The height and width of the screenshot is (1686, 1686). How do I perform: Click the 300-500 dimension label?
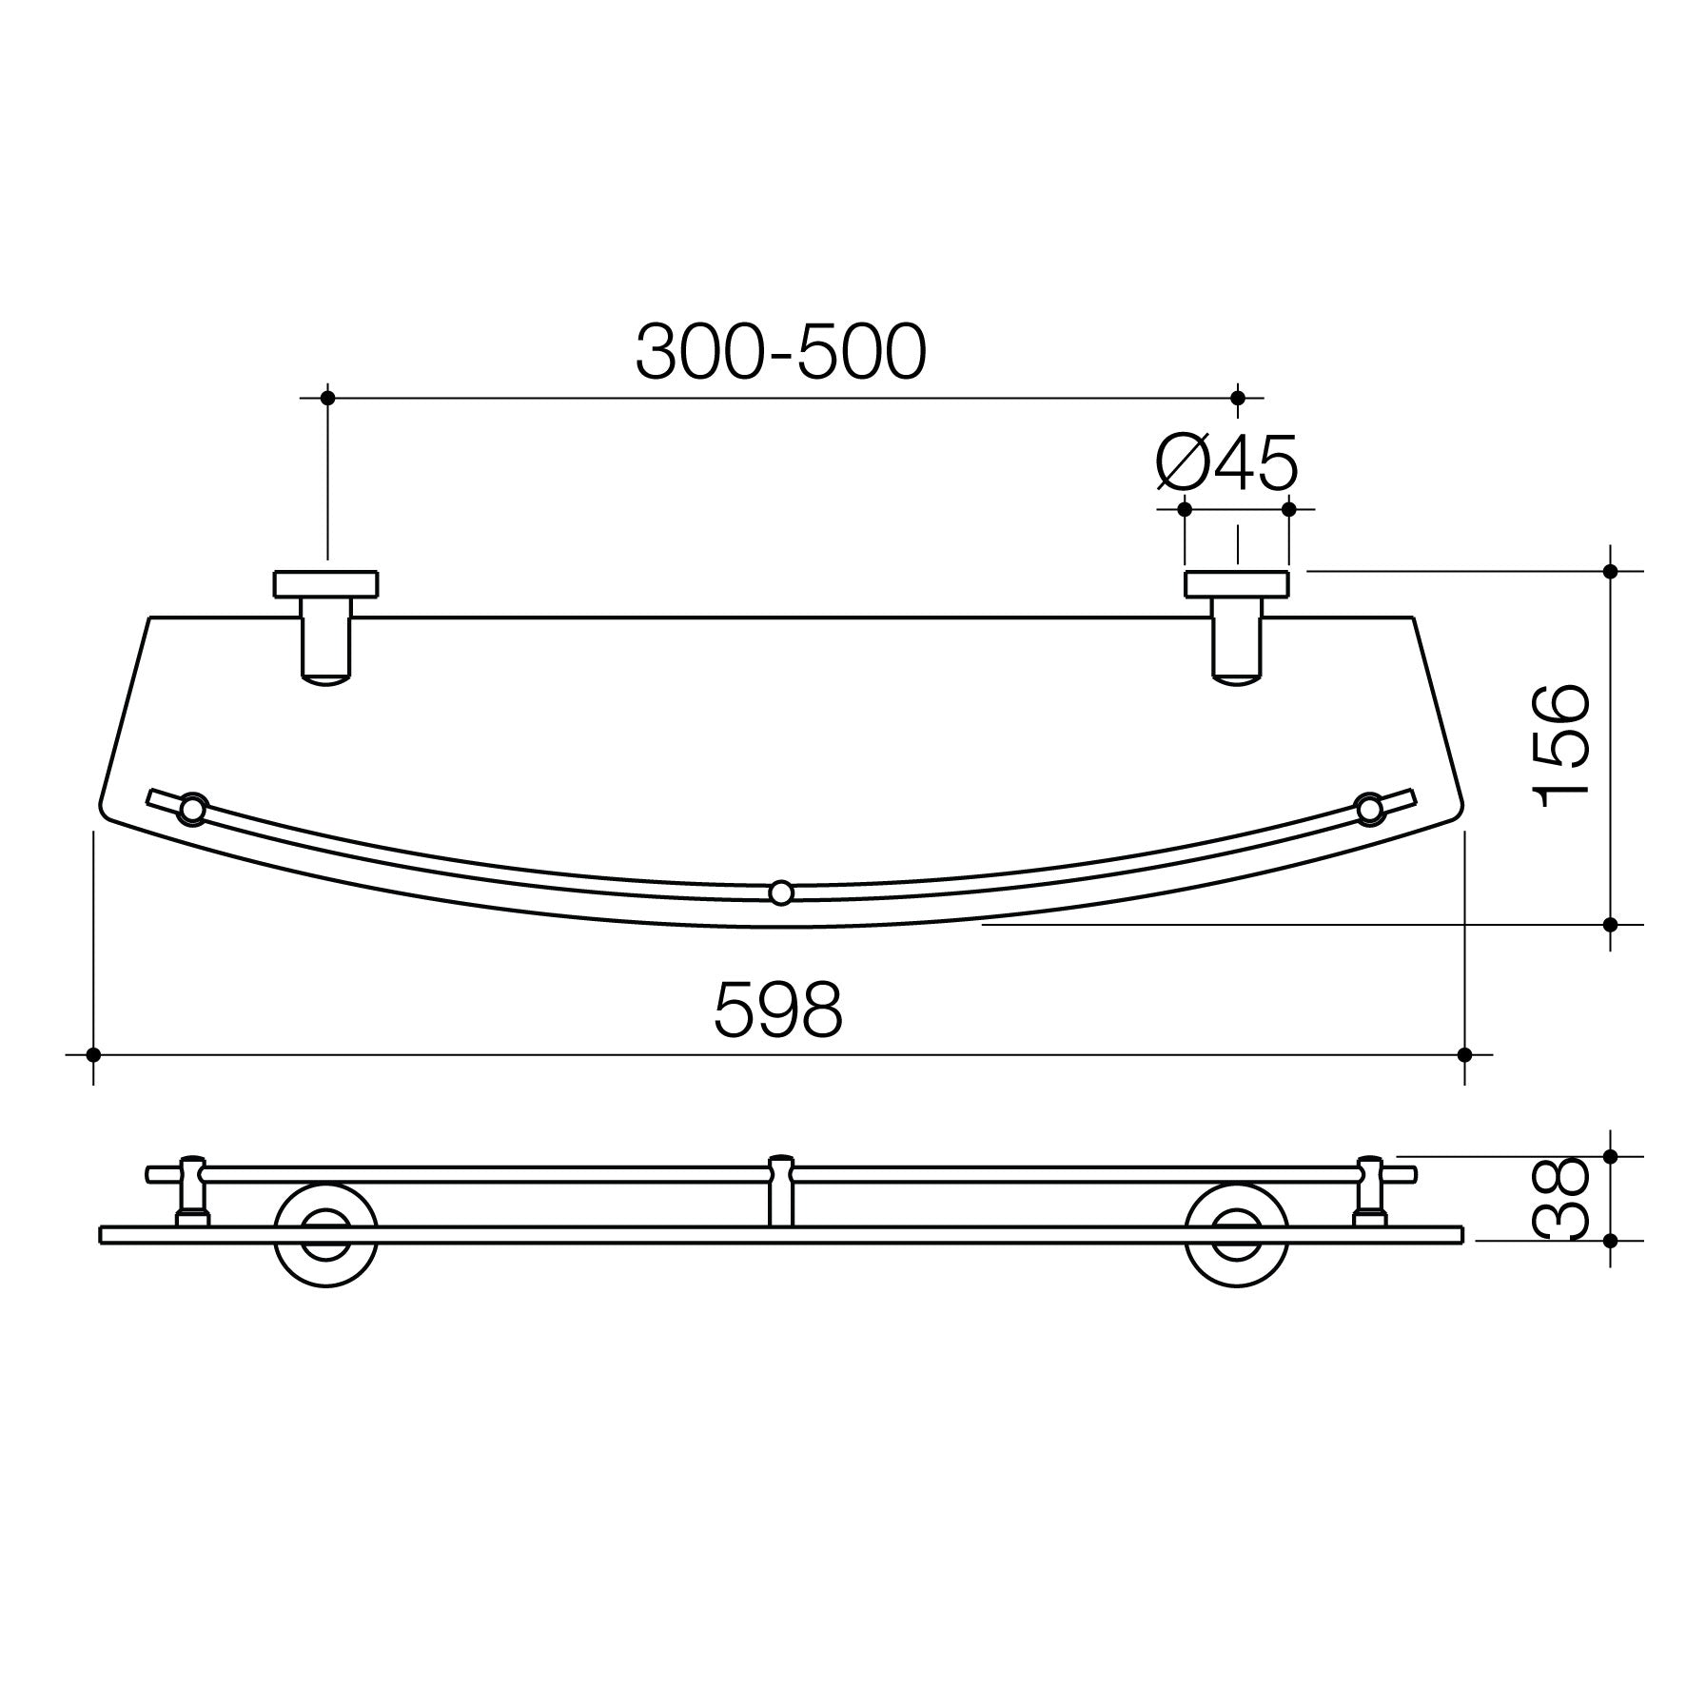click(x=780, y=352)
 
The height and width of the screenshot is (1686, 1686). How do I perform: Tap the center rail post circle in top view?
click(x=780, y=892)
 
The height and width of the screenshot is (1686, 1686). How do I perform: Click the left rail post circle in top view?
click(x=192, y=810)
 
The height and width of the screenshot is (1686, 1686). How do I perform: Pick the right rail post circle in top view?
click(x=1369, y=809)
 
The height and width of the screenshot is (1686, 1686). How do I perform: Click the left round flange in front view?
click(x=325, y=1235)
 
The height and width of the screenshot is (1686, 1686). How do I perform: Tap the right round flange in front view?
click(x=1236, y=1235)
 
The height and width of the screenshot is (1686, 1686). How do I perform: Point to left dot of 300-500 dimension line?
click(x=327, y=398)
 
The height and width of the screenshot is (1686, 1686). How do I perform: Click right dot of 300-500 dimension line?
click(x=1238, y=398)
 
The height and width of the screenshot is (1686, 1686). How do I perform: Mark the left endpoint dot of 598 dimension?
click(x=93, y=1054)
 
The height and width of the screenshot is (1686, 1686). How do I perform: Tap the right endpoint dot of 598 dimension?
click(x=1464, y=1054)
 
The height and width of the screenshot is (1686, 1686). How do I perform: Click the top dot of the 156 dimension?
click(x=1611, y=571)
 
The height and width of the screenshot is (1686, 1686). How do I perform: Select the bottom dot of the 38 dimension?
click(x=1611, y=1240)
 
